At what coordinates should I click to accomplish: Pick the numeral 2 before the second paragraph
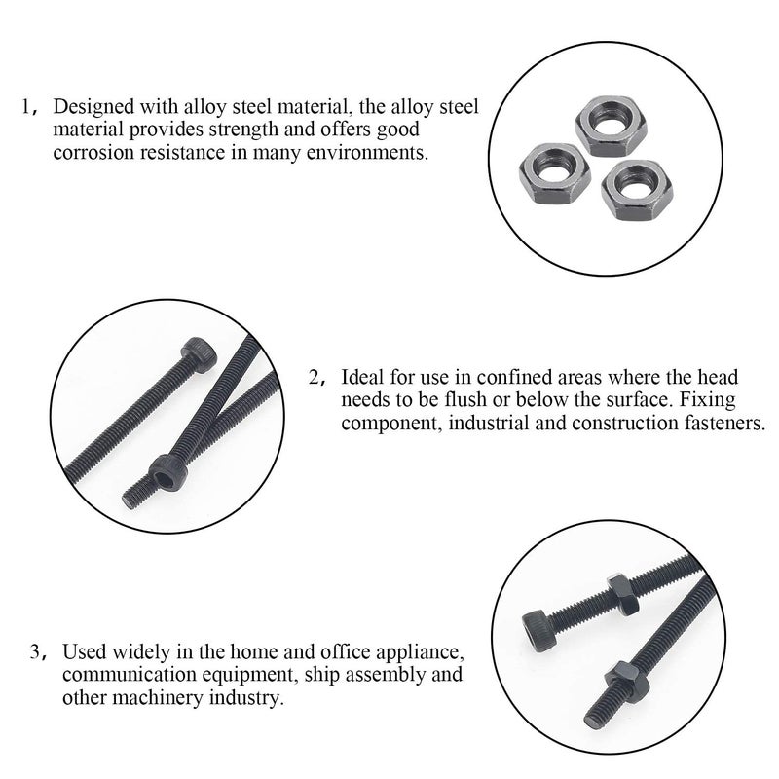[315, 377]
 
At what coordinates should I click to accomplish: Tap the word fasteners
[726, 424]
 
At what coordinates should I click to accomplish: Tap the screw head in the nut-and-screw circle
[539, 620]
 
